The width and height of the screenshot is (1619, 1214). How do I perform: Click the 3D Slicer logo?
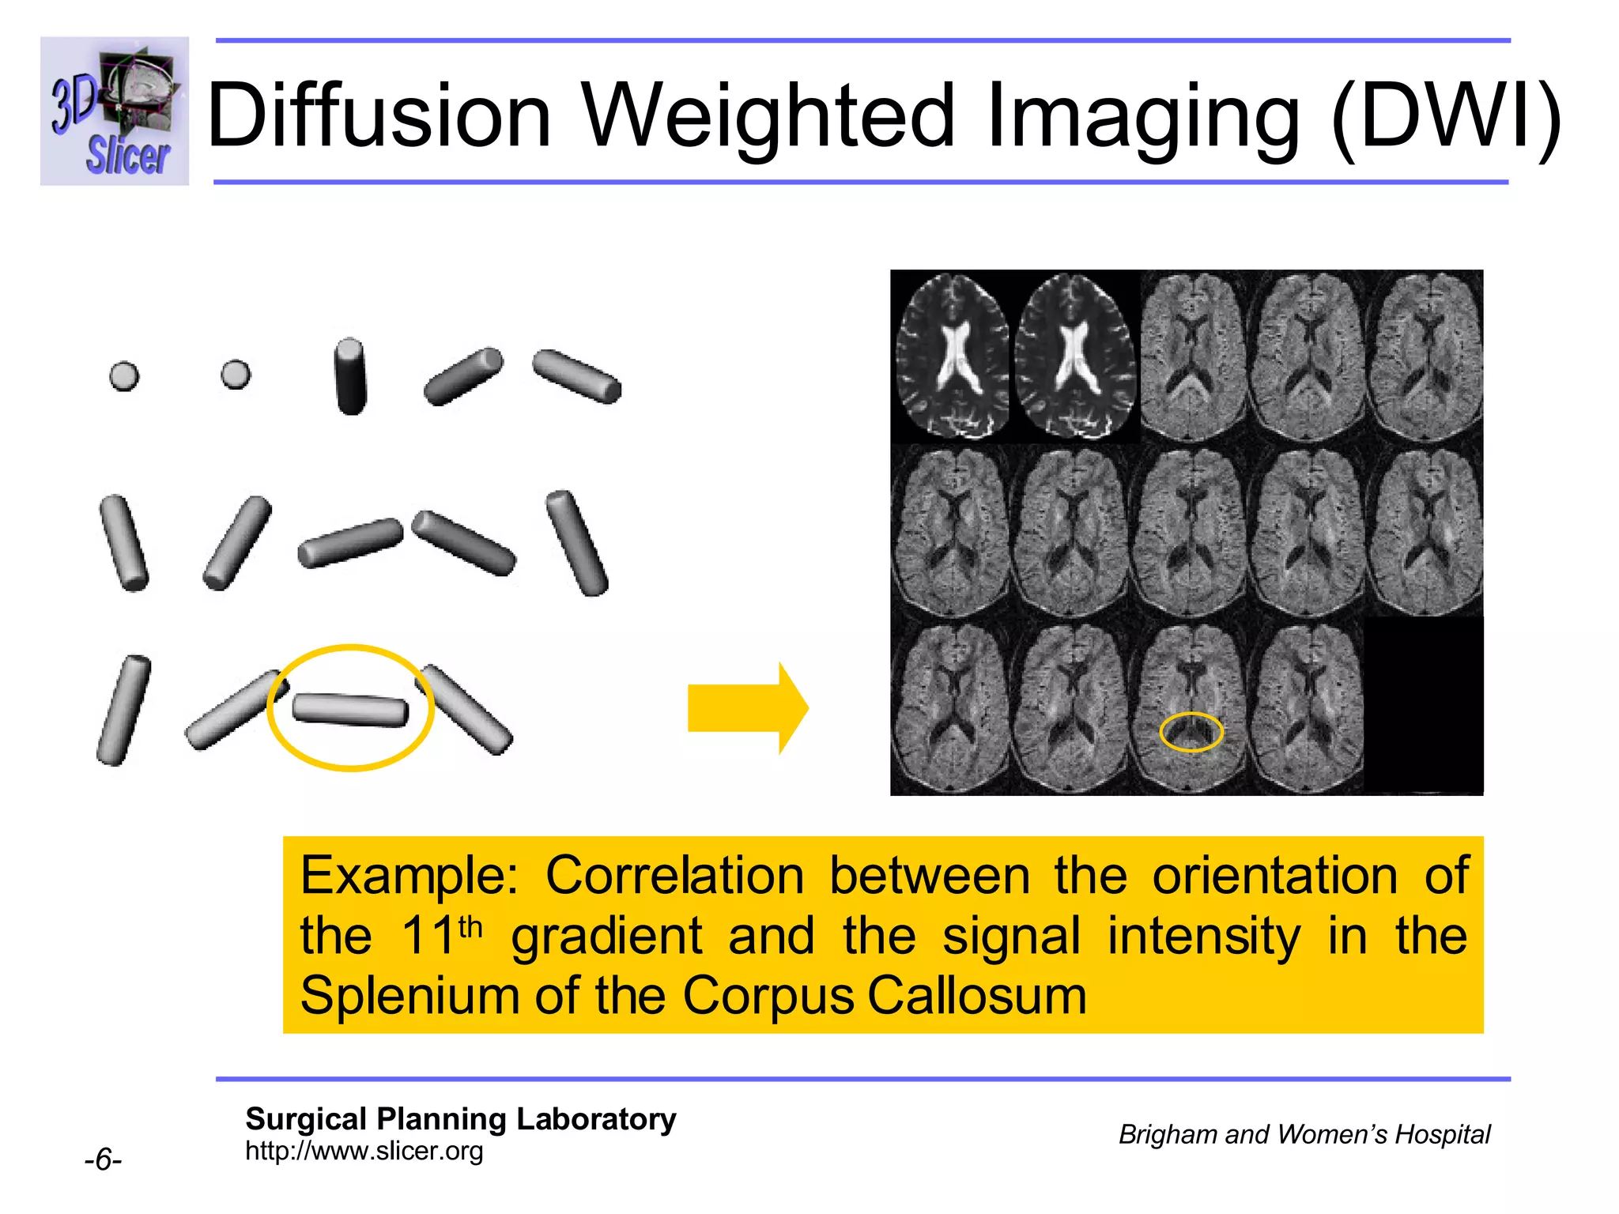115,111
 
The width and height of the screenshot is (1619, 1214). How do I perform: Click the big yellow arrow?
747,708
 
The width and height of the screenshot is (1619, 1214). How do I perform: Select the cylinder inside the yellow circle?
350,709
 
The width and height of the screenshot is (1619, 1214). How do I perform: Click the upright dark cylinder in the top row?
350,376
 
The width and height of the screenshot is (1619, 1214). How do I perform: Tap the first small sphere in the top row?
124,376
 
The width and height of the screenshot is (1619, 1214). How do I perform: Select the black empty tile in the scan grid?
1423,705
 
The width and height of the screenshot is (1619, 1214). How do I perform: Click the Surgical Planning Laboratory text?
460,1119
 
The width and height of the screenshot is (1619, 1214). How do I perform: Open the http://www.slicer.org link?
364,1152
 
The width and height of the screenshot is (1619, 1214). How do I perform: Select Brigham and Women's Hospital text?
1304,1135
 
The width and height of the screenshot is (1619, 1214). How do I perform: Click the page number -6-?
103,1160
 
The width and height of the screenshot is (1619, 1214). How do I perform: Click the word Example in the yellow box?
408,876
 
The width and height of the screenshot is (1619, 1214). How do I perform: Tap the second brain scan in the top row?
1074,356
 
